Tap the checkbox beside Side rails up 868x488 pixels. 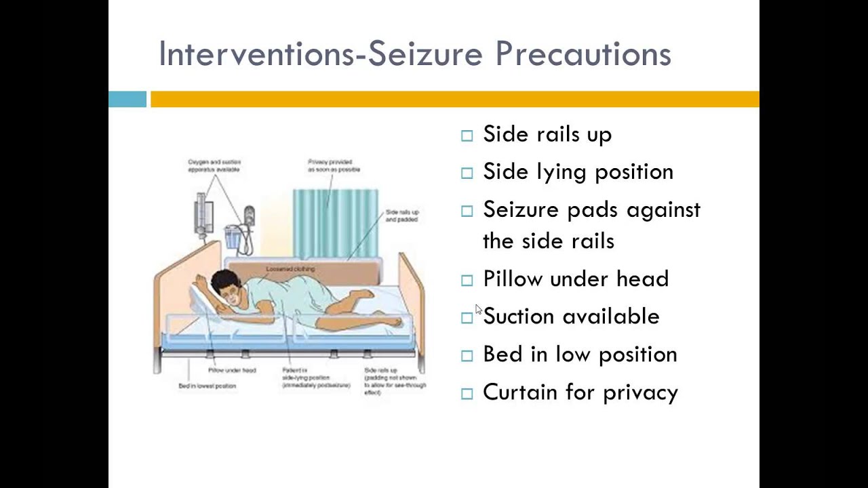[467, 136]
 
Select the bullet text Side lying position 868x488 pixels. [578, 172]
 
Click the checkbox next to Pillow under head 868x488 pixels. [467, 280]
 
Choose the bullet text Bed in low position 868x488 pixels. [580, 354]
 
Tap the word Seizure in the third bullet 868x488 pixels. [521, 210]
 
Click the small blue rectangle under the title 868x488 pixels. [127, 100]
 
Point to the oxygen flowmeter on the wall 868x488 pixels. [201, 213]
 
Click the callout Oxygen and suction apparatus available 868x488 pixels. [214, 166]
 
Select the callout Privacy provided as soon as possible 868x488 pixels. [334, 166]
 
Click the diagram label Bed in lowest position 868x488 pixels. [207, 386]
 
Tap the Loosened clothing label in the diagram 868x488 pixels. [290, 269]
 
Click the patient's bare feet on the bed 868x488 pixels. [390, 321]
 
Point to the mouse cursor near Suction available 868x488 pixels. [478, 309]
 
